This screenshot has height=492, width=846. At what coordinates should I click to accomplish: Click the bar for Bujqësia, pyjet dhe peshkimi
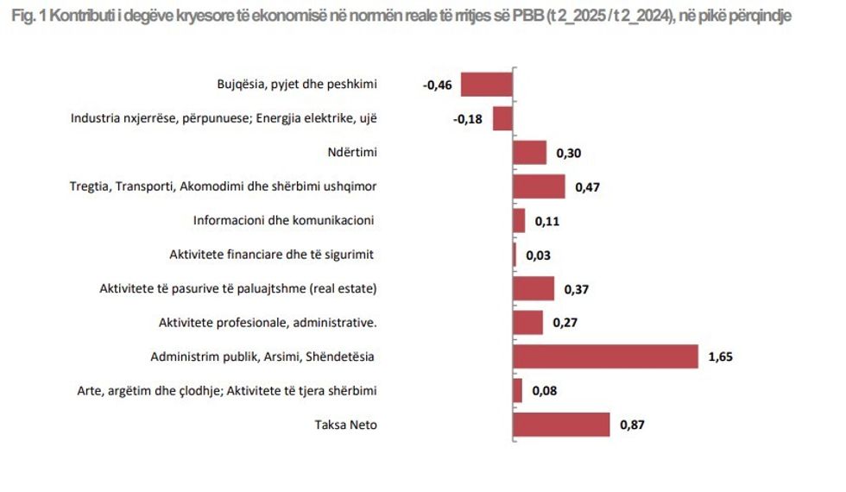point(487,85)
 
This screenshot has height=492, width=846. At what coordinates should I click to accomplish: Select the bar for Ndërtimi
point(529,153)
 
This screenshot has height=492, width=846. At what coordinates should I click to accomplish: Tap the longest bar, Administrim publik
point(605,356)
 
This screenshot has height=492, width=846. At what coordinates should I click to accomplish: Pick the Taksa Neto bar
point(561,425)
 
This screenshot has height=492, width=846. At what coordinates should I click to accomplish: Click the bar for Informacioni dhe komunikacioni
point(519,221)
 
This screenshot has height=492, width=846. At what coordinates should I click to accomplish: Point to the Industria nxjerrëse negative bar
point(502,118)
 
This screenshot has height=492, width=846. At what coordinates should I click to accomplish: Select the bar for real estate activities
point(533,289)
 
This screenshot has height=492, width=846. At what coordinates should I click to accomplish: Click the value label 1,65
point(720,357)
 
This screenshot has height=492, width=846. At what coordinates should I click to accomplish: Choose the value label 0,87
point(633,425)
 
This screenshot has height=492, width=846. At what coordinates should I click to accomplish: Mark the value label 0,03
point(537,255)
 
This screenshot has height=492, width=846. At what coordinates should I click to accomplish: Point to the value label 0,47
point(587,187)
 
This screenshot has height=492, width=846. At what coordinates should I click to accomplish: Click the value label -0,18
point(469,119)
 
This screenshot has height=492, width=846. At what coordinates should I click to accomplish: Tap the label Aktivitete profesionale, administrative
point(268,323)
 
